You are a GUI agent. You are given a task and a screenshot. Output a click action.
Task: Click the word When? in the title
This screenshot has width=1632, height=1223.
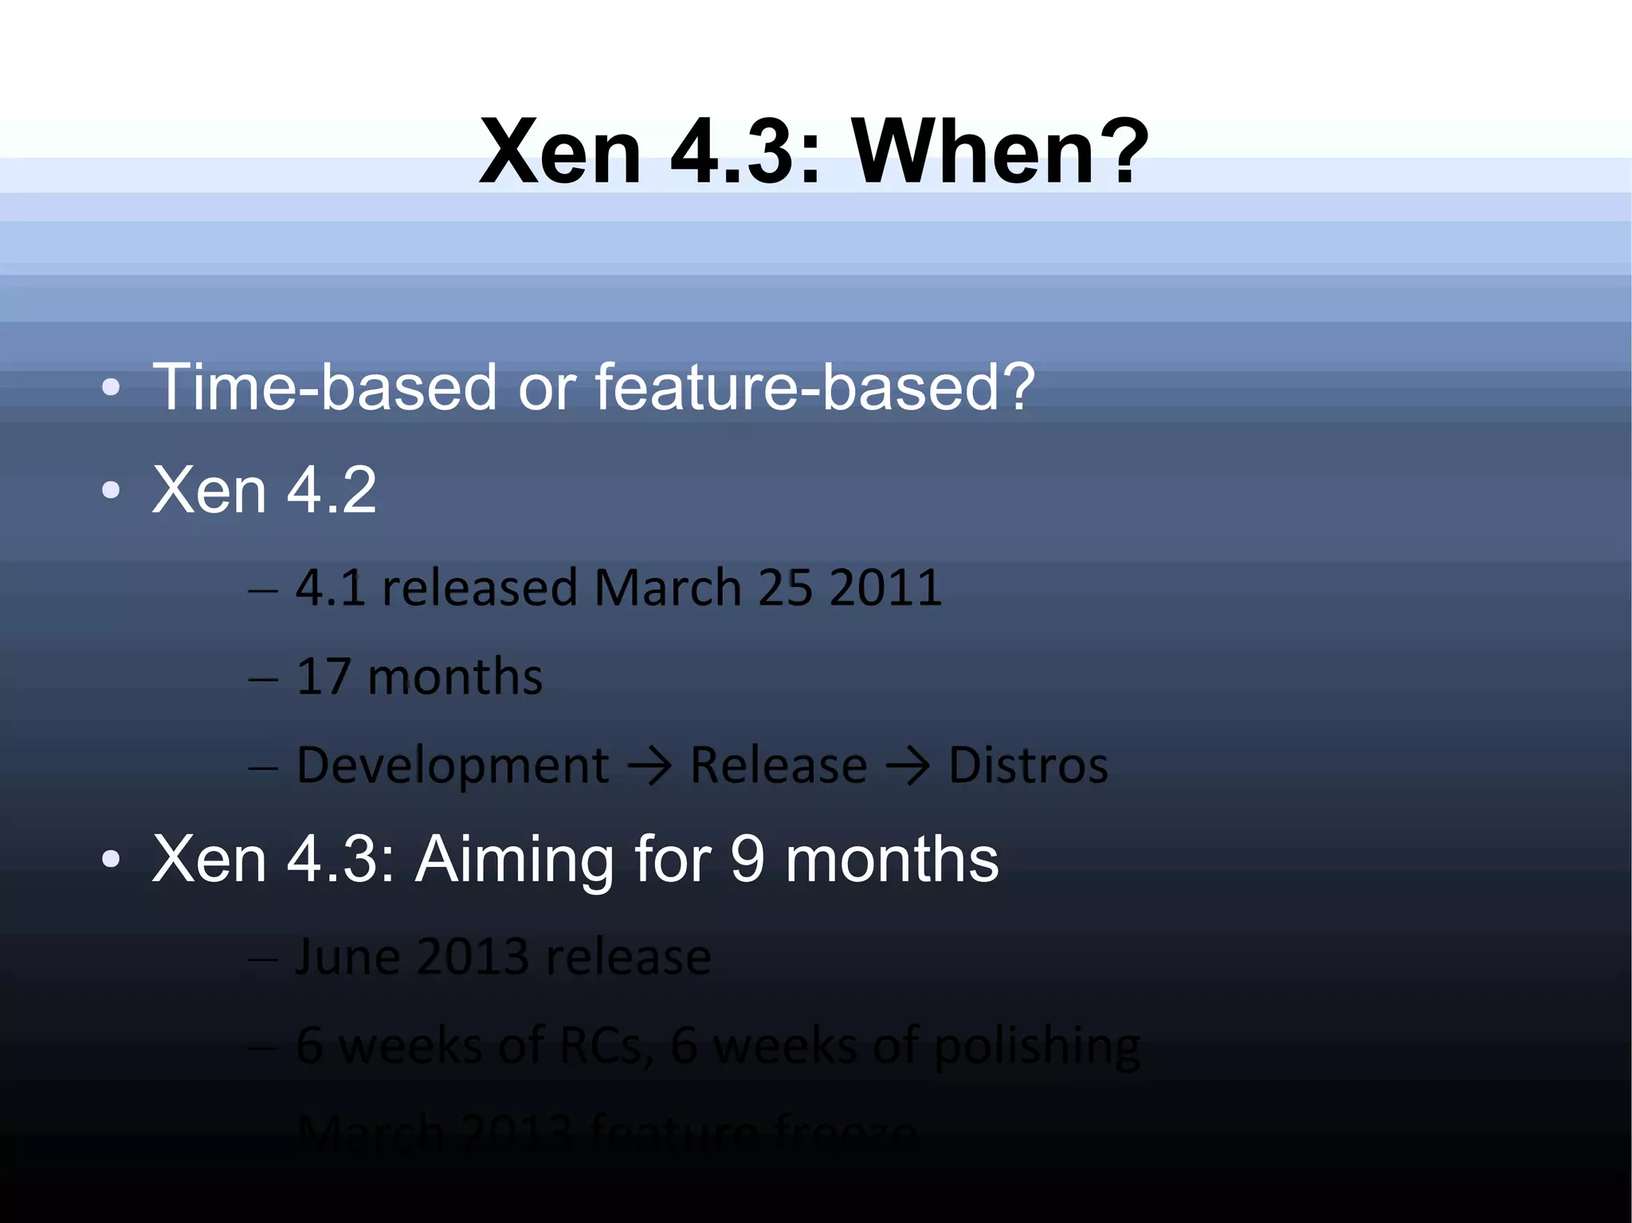[x=1000, y=151]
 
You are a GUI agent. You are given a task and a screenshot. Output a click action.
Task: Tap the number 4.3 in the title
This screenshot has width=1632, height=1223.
[x=732, y=151]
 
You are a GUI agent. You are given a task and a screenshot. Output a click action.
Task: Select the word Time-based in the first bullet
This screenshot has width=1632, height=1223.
[x=324, y=387]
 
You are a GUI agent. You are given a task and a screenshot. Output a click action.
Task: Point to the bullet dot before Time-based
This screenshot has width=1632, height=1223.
[x=111, y=389]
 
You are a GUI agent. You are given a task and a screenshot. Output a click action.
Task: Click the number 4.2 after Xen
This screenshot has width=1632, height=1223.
[x=331, y=490]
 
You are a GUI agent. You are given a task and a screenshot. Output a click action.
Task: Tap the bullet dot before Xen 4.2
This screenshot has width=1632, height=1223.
[x=111, y=491]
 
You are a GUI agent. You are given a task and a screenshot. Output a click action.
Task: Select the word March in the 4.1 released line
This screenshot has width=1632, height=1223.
[x=668, y=588]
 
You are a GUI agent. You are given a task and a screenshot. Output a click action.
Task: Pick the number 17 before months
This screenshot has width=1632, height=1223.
[x=324, y=677]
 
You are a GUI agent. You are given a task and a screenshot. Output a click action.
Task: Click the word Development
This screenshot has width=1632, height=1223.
[x=452, y=766]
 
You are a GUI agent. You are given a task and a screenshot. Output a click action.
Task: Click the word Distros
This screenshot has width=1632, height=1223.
[x=1028, y=766]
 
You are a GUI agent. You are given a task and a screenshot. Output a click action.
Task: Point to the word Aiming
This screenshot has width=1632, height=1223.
[x=515, y=860]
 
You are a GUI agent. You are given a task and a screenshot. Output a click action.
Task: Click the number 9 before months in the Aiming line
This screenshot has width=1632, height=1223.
[x=747, y=860]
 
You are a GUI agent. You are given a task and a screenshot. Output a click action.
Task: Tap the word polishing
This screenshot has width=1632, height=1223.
[x=1037, y=1047]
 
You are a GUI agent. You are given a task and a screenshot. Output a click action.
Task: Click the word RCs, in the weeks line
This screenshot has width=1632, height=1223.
[x=606, y=1045]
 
